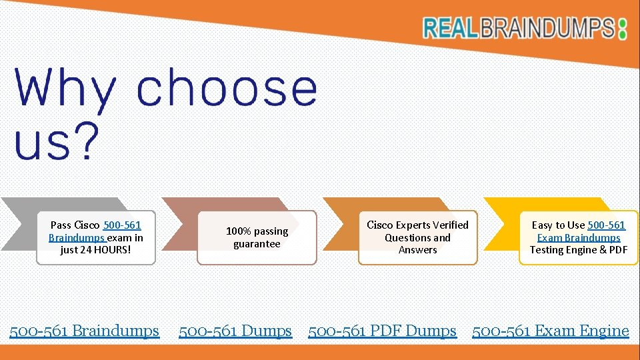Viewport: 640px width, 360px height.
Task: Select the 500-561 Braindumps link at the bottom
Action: pos(84,331)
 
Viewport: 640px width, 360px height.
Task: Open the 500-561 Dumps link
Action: pos(235,331)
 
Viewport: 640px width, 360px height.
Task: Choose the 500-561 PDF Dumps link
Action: pos(382,331)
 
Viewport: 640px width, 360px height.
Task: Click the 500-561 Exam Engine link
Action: pos(551,331)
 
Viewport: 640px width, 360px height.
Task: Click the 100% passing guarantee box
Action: pos(257,237)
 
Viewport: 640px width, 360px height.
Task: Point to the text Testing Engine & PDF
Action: pos(579,250)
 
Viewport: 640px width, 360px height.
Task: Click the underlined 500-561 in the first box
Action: pos(122,225)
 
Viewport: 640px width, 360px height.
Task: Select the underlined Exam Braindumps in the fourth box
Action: pos(579,238)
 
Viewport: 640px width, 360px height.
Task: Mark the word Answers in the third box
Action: pos(417,250)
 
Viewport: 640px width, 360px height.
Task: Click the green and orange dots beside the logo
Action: pos(623,28)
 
